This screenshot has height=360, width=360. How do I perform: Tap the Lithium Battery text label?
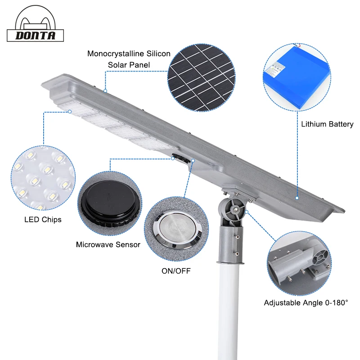pos(327,124)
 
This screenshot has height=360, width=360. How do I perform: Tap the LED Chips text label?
pos(43,220)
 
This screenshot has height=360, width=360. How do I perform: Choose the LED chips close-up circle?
pos(43,178)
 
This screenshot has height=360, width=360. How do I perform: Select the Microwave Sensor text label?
pos(108,245)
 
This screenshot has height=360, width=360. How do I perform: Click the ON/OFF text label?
pos(176,271)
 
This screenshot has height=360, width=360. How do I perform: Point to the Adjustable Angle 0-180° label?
pos(306,303)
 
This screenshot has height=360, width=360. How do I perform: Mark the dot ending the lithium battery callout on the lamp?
pos(297,198)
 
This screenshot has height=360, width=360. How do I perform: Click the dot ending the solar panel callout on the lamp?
pos(105,91)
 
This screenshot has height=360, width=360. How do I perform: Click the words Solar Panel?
pos(129,65)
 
